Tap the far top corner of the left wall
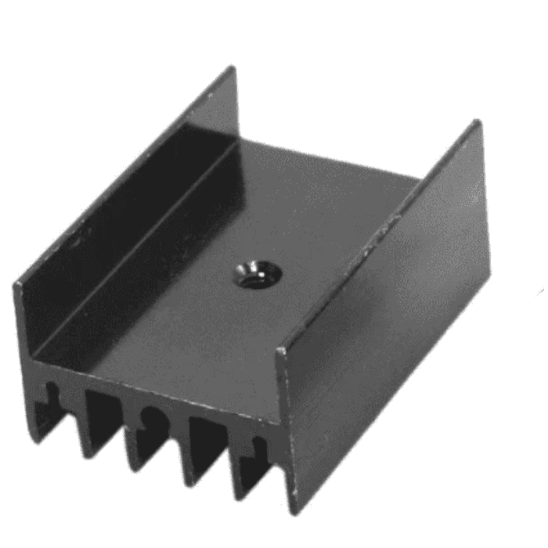tap(233, 68)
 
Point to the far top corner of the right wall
tap(477, 122)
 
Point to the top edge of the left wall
tap(125, 177)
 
